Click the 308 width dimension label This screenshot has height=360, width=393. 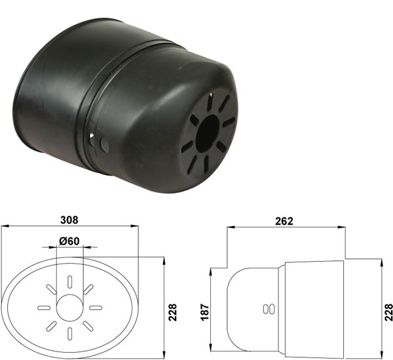69,220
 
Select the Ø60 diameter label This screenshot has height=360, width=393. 69,241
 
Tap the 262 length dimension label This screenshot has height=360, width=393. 284,221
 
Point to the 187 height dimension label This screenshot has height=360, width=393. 205,312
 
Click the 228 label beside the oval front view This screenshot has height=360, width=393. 172,312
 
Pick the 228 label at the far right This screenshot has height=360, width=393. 388,312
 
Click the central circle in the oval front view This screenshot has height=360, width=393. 69,308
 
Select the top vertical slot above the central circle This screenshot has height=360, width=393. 69,281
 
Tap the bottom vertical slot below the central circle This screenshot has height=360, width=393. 69,334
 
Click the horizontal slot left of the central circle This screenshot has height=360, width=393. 44,308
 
